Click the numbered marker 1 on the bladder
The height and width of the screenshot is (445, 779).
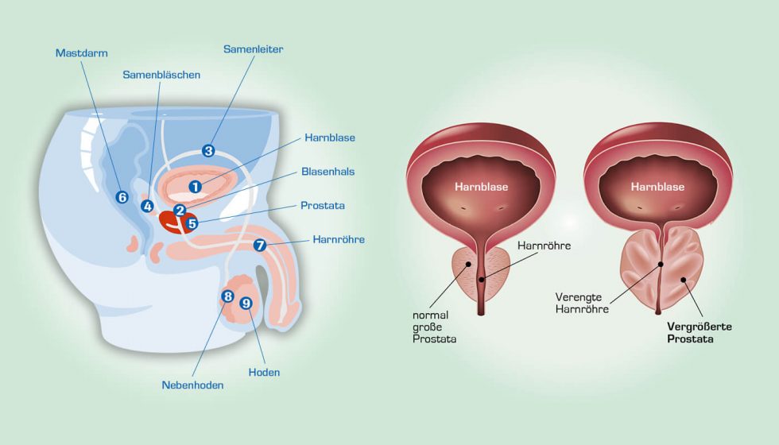pos(196,186)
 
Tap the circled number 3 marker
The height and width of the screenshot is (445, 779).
pos(208,149)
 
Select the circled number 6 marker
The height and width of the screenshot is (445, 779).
pos(122,196)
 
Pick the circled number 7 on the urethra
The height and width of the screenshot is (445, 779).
pos(259,245)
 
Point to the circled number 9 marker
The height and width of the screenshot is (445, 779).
pos(246,303)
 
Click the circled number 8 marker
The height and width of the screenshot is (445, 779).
pos(227,296)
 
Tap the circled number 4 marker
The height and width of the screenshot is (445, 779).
pos(147,206)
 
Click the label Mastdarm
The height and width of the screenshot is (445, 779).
pos(81,53)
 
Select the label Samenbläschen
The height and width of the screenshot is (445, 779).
pos(161,75)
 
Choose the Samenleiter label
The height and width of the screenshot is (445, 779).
pos(253,49)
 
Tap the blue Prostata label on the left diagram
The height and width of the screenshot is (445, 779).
pos(323,205)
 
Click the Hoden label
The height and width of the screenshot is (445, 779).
pos(264,372)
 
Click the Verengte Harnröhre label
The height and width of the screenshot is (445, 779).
pos(582,304)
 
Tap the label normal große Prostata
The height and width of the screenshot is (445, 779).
pos(434,327)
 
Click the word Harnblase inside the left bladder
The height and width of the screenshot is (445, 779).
pos(482,188)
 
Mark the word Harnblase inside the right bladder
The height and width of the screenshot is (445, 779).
pos(657,188)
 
